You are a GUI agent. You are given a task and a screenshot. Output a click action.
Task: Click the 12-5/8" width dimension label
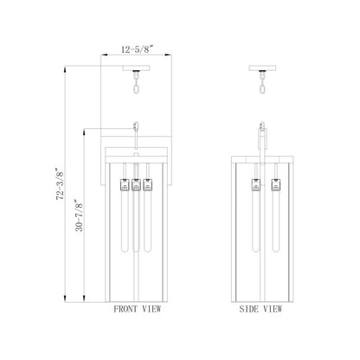click(x=137, y=49)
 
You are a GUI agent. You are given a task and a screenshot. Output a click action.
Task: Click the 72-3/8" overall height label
click(x=60, y=184)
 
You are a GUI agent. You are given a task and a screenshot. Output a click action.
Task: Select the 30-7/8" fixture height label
click(x=79, y=215)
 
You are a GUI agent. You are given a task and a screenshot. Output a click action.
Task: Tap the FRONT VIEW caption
click(x=138, y=309)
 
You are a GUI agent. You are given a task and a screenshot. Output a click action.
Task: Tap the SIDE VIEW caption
click(x=260, y=309)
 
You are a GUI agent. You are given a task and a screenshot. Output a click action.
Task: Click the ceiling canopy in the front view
click(x=136, y=68)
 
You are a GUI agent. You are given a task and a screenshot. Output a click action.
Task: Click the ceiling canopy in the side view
click(x=262, y=68)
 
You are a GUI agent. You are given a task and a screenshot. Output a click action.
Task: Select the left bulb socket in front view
click(x=125, y=185)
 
